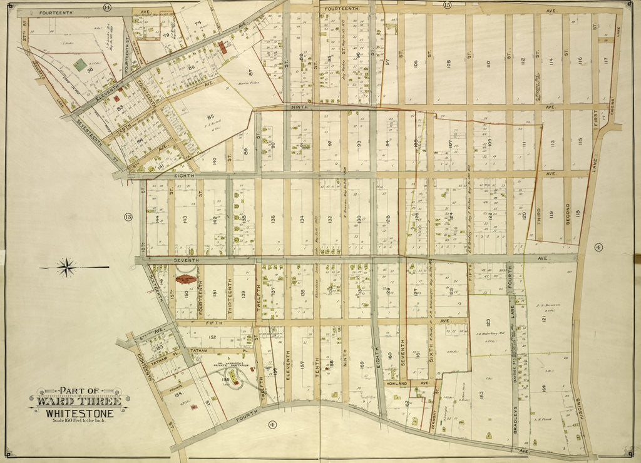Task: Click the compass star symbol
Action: pyautogui.click(x=66, y=268)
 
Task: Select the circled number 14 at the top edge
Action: pyautogui.click(x=107, y=7)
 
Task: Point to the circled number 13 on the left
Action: pyautogui.click(x=128, y=217)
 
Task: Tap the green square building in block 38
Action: pyautogui.click(x=80, y=64)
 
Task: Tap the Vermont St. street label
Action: pyautogui.click(x=435, y=410)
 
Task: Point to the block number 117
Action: pyautogui.click(x=605, y=61)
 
